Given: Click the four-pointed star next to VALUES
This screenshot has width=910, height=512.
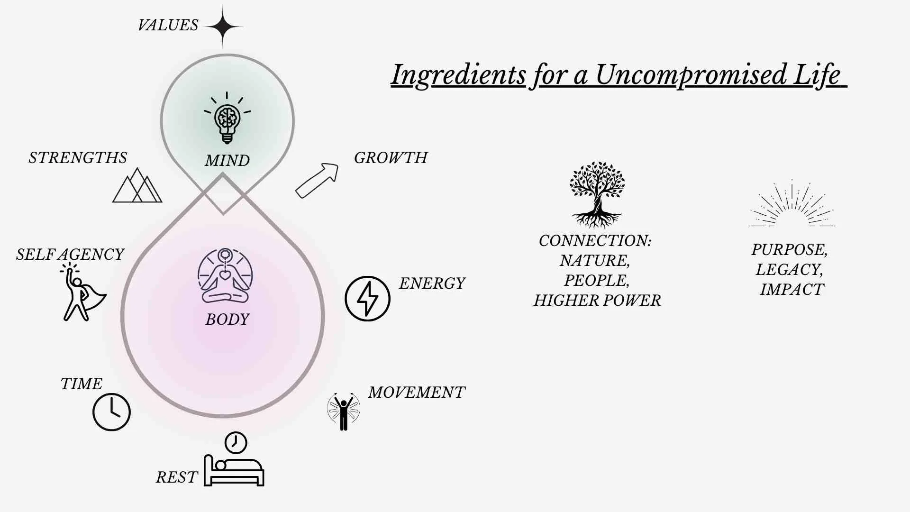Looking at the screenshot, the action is coord(223,27).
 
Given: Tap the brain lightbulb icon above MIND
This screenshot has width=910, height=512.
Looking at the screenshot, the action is coord(227,119).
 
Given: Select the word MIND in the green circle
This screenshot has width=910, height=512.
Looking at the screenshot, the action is coord(227,161).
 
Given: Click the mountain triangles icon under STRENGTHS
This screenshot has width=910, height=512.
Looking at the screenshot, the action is coord(137,186).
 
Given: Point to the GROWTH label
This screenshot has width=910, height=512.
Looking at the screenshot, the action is coord(391,158).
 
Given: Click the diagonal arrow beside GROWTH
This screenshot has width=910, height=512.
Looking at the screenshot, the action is coord(317,180).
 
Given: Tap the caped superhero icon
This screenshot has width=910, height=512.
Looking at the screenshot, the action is coord(82,295).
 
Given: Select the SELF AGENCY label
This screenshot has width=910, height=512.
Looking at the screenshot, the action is coord(70,255).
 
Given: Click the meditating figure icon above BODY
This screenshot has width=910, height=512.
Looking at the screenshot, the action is coord(225,276).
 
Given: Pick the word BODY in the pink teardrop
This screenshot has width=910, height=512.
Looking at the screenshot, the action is coord(227,320).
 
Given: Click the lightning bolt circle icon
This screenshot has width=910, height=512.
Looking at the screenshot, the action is coord(367,299).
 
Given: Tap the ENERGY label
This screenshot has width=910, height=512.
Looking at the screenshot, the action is coord(432,283).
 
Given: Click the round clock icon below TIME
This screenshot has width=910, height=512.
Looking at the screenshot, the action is coord(111,412).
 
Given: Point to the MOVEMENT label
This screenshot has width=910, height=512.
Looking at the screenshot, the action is coord(417,393).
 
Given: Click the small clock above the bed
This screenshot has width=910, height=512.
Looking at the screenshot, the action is coord(236,443).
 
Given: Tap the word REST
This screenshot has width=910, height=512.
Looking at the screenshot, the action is coord(176,477).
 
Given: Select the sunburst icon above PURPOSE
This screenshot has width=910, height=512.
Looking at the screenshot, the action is coord(792,204).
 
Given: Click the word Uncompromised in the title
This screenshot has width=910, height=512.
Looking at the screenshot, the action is coord(690,75).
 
